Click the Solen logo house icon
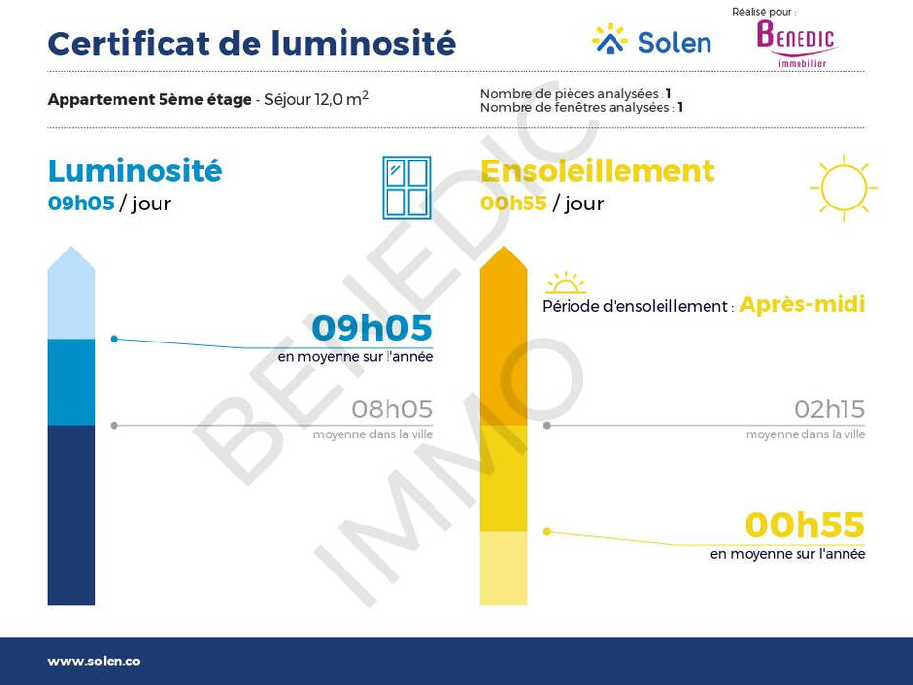pos(610,39)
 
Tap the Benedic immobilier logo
pos(796,43)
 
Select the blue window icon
pos(406,188)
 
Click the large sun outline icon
pos(844,188)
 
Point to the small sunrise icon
pos(566,283)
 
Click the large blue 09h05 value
pos(372,328)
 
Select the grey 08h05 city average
pos(391,409)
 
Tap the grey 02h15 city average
pos(829,409)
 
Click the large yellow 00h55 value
pos(804,525)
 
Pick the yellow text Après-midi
pos(801,304)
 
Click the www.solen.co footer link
pos(94,662)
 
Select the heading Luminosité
pos(135,170)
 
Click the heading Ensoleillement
pos(597,170)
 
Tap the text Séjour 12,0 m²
pos(316,99)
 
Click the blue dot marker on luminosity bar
pos(114,339)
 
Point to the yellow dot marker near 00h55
pos(547,531)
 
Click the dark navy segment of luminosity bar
pos(71,515)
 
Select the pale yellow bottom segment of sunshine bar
pos(504,568)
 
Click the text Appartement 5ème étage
pos(150,99)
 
